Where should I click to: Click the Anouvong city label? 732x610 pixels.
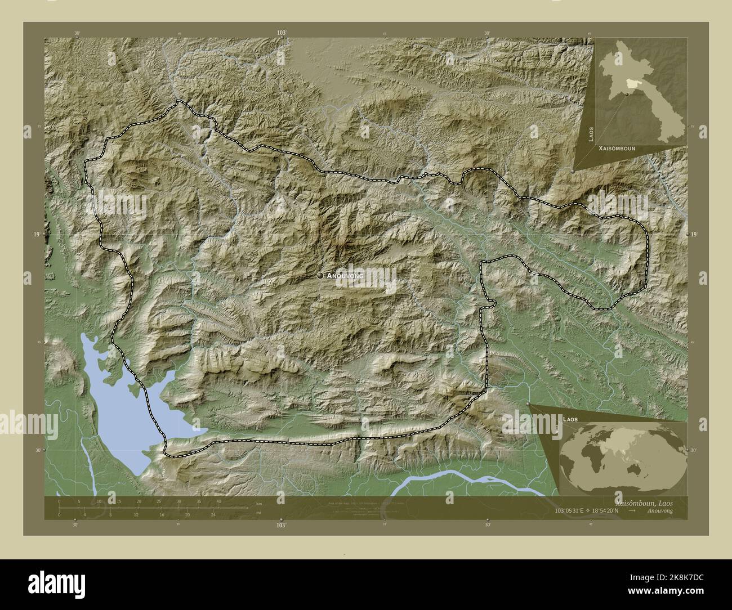pyautogui.click(x=345, y=276)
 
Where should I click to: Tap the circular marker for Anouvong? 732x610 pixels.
pyautogui.click(x=320, y=276)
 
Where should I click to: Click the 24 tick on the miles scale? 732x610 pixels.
pyautogui.click(x=213, y=514)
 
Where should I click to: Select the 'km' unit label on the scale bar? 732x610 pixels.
pyautogui.click(x=258, y=503)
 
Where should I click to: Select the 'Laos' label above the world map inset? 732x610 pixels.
pyautogui.click(x=569, y=420)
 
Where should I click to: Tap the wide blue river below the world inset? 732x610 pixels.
pyautogui.click(x=467, y=478)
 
